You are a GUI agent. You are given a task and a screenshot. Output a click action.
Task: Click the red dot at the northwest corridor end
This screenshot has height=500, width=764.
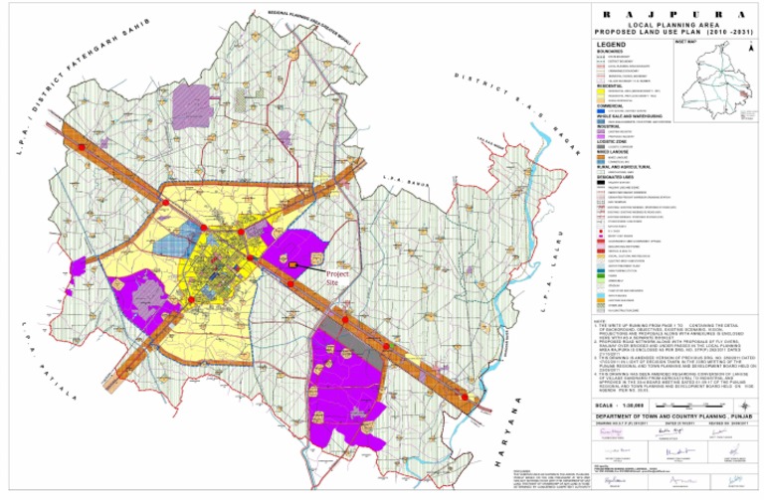coord(83,148)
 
